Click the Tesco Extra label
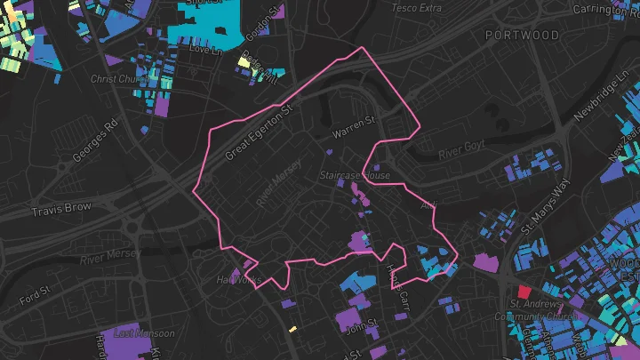point(416,8)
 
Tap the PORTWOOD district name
point(523,36)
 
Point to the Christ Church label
point(120,79)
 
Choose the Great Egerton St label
point(259,133)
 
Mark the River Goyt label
point(460,149)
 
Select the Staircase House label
point(355,175)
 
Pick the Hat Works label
point(238,280)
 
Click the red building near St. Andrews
point(524,291)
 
